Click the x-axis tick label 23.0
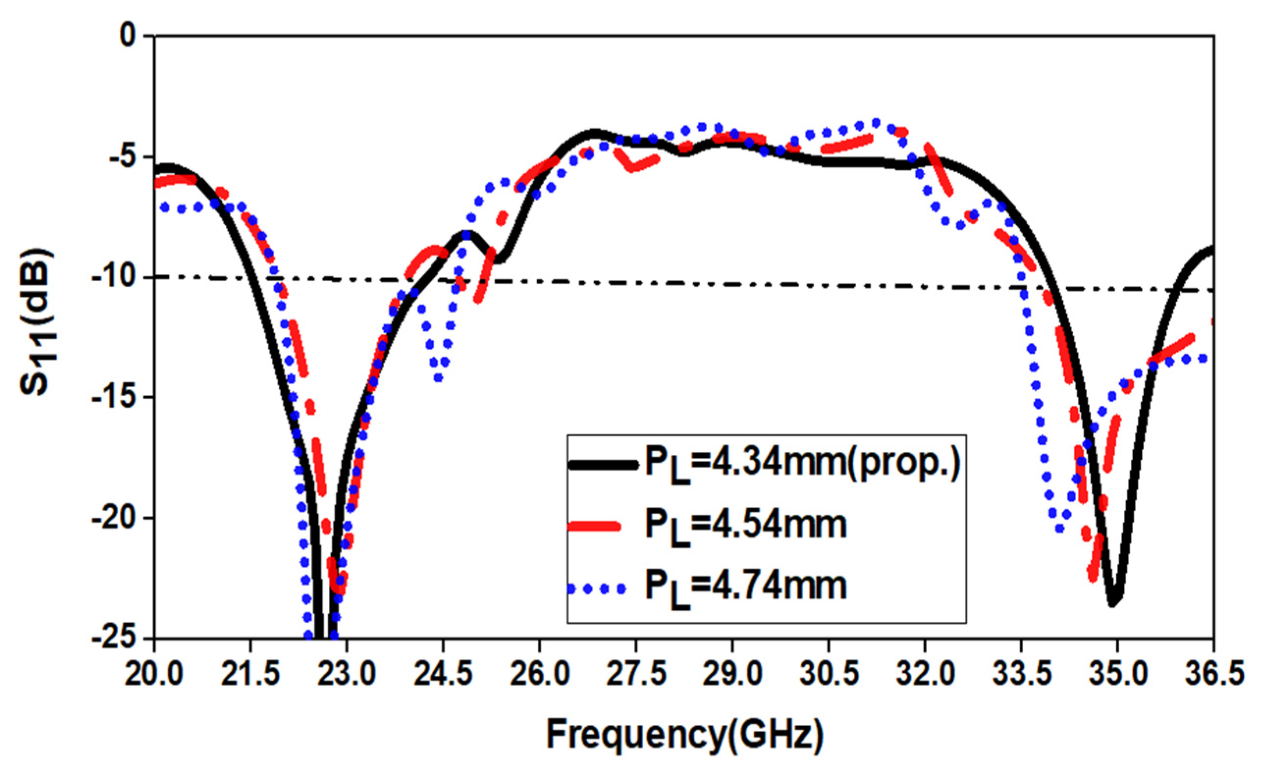[x=346, y=675]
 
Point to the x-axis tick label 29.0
[x=732, y=675]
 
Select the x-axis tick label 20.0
[x=154, y=675]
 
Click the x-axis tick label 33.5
[x=1021, y=675]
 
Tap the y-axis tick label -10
[x=114, y=277]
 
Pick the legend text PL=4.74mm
[x=745, y=587]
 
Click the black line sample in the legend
[x=603, y=464]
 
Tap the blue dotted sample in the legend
[x=596, y=589]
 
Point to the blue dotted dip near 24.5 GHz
[x=438, y=378]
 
